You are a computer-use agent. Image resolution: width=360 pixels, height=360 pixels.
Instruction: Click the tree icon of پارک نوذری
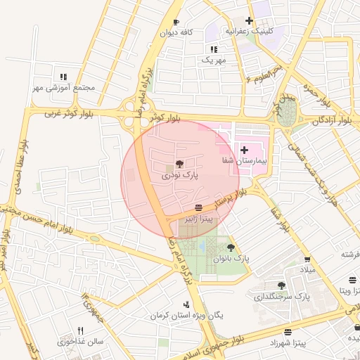tap(178, 162)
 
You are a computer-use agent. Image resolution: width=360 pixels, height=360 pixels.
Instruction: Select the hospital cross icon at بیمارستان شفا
tap(245, 150)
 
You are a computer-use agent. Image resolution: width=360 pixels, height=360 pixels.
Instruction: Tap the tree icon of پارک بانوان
tap(231, 247)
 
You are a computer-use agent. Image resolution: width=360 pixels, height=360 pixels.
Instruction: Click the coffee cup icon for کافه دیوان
tap(176, 22)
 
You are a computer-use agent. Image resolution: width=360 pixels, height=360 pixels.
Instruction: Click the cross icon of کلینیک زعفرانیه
tap(250, 20)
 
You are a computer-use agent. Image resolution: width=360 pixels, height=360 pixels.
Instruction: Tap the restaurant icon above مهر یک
tap(214, 49)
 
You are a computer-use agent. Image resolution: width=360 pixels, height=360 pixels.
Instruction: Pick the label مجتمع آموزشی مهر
tap(63, 88)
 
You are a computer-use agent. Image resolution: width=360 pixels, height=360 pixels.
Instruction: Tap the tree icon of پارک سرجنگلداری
tap(281, 285)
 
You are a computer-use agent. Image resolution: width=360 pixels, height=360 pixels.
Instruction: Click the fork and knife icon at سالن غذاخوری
tap(81, 330)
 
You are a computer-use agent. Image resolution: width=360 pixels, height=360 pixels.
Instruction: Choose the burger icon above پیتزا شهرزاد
tap(288, 332)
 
